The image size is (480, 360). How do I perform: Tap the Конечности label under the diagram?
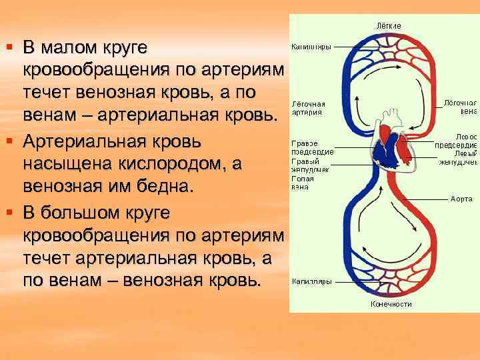(x=391, y=304)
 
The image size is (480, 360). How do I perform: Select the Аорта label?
(x=461, y=199)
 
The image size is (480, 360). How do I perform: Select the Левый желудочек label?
(x=458, y=158)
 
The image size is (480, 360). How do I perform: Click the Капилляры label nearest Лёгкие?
(x=311, y=47)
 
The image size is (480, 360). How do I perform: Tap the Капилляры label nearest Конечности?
(x=311, y=281)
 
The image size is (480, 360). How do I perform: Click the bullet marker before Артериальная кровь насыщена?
(x=9, y=141)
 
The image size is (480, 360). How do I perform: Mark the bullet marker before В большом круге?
(x=9, y=212)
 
